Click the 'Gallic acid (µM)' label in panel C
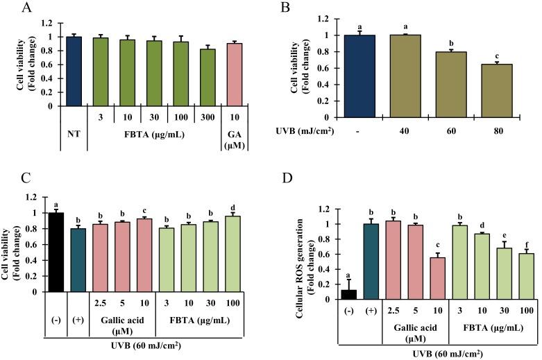122,320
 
